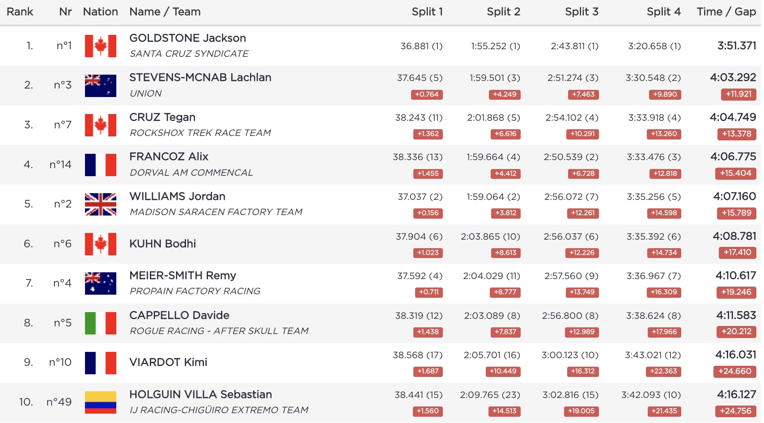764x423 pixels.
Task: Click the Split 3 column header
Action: click(x=581, y=12)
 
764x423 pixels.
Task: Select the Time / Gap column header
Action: click(x=726, y=12)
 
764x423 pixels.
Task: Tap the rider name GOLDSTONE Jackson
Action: click(x=187, y=38)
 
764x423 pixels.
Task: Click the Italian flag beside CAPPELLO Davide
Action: click(x=101, y=323)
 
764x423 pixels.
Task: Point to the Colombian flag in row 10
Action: click(x=101, y=402)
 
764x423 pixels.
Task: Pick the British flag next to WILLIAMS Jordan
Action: click(x=101, y=204)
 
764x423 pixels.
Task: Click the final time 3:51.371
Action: click(x=736, y=46)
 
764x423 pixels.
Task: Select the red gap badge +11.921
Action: click(x=738, y=94)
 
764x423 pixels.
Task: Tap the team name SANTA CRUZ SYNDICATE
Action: click(x=189, y=54)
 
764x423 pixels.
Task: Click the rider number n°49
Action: click(x=59, y=402)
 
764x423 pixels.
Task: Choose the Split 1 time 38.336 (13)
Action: click(x=417, y=157)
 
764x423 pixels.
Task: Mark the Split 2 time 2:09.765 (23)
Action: click(x=490, y=395)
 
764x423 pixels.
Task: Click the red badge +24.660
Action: click(x=734, y=372)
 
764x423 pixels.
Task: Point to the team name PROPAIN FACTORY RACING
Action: click(x=195, y=292)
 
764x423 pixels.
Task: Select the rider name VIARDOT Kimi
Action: click(x=168, y=363)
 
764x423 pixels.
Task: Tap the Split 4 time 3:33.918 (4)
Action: click(x=654, y=118)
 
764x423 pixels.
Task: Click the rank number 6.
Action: click(x=28, y=244)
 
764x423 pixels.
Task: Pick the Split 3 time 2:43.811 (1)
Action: click(x=574, y=47)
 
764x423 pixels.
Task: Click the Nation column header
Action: click(x=100, y=12)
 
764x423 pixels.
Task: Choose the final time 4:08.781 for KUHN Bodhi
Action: click(x=734, y=237)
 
